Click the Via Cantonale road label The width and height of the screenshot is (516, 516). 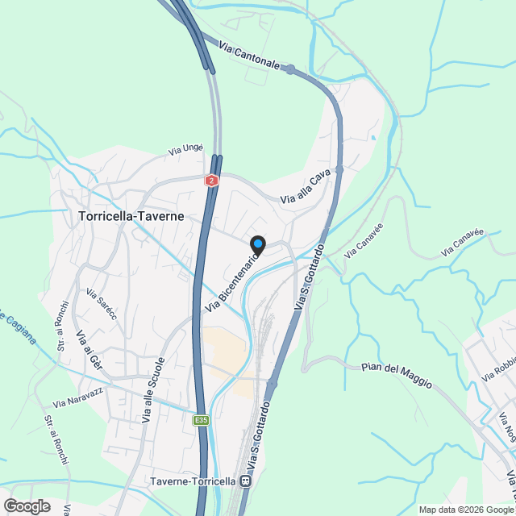(x=254, y=57)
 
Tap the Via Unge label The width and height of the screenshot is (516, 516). (x=185, y=149)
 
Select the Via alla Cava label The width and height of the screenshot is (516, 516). (x=306, y=189)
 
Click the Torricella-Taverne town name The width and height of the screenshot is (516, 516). (x=131, y=217)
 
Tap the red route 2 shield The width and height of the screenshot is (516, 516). (x=211, y=181)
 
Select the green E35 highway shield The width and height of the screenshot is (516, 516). (x=202, y=419)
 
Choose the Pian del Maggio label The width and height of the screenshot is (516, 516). (x=397, y=375)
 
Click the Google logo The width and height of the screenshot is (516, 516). (x=26, y=506)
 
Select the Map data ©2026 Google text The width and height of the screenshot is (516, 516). (x=465, y=510)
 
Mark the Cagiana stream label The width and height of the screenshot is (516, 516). (x=18, y=327)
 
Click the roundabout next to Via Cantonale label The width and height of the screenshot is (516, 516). (x=290, y=69)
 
